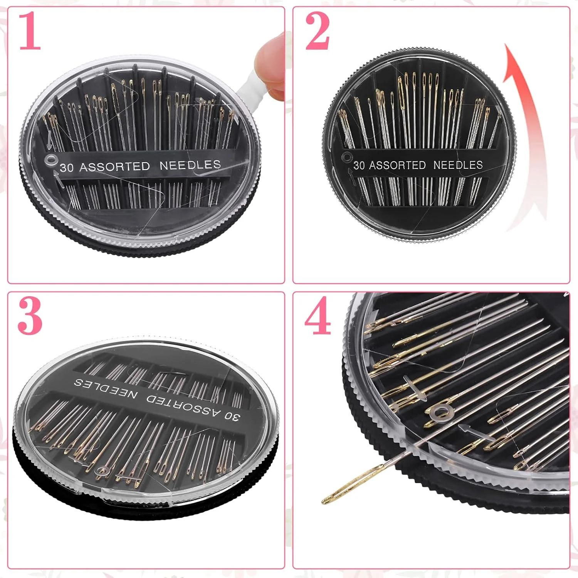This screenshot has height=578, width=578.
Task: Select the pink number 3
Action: point(30,316)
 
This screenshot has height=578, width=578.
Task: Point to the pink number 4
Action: point(318,316)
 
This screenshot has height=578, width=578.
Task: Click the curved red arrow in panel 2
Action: point(526,135)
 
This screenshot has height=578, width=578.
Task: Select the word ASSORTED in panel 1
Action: point(114,166)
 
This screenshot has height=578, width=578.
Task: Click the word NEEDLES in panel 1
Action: point(190,165)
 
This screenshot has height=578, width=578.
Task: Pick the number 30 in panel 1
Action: point(66,168)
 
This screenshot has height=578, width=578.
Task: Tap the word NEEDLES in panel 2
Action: point(458,165)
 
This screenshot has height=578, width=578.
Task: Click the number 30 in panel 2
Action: point(359,165)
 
